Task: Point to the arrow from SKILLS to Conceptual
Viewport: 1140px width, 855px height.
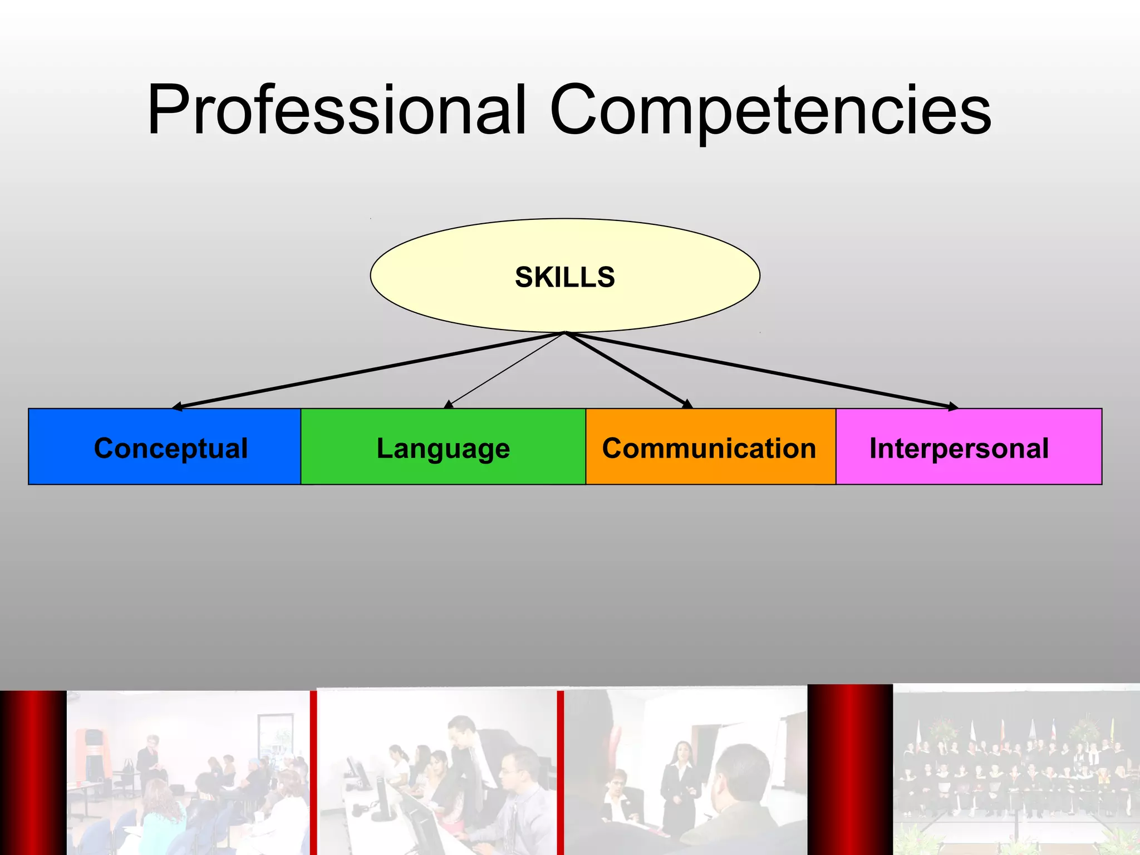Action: tap(367, 370)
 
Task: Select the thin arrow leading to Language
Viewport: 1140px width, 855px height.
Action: tap(504, 370)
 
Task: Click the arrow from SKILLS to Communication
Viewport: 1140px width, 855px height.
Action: tap(626, 370)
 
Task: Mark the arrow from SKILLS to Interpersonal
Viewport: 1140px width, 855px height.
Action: tap(763, 370)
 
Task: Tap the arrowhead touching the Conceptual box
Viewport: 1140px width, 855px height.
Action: tap(177, 406)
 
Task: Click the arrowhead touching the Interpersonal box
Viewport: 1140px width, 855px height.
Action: tap(953, 407)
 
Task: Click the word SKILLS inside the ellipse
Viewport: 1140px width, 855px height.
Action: tap(564, 277)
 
